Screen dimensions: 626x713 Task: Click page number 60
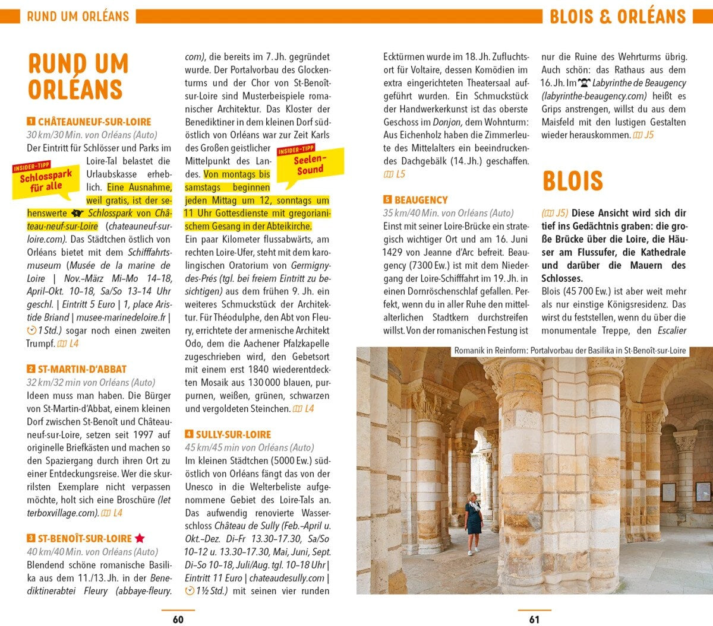pos(178,619)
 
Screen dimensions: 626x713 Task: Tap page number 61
pos(534,619)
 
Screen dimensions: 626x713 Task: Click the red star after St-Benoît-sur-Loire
pos(140,539)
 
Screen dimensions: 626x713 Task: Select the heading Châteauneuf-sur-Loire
pos(94,122)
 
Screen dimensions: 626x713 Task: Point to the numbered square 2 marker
pos(31,369)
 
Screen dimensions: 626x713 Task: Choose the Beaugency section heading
pos(421,200)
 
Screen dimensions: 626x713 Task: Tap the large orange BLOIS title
pos(572,181)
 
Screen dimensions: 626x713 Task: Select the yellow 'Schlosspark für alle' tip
pos(46,180)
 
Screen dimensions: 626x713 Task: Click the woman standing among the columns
pos(474,522)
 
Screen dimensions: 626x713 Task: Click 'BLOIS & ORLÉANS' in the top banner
pos(617,16)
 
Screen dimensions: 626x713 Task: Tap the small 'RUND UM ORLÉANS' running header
pos(78,16)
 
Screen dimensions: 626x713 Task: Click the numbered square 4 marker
pos(189,434)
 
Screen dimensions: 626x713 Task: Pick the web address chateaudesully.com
pos(287,578)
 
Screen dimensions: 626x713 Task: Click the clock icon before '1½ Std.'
pos(190,591)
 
